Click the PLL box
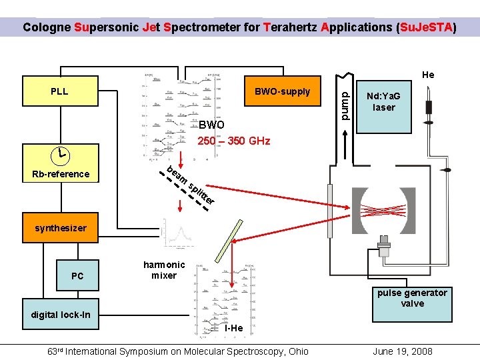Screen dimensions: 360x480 click(x=59, y=91)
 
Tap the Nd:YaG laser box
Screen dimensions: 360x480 click(x=384, y=102)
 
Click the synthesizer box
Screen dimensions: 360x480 click(x=60, y=228)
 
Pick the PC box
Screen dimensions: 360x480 click(x=77, y=275)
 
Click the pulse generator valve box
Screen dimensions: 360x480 click(x=412, y=298)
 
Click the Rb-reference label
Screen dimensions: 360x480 click(x=60, y=174)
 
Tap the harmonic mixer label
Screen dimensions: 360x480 click(x=164, y=270)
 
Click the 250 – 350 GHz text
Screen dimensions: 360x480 click(x=233, y=141)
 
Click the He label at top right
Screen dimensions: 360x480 click(x=427, y=75)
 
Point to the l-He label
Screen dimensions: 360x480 click(x=233, y=328)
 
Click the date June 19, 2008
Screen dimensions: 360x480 click(x=403, y=351)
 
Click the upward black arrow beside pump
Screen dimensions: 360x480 click(x=345, y=146)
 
